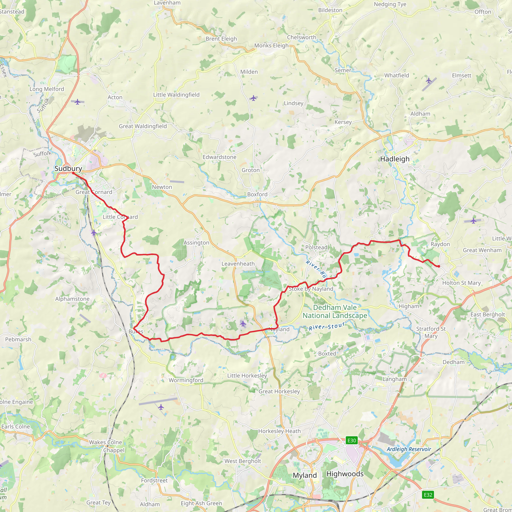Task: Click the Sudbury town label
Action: coord(68,168)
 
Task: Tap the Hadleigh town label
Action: coord(394,159)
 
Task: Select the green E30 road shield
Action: coord(352,440)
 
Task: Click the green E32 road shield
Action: coord(428,495)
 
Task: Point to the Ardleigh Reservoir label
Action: coord(409,449)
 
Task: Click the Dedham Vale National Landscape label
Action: coord(335,311)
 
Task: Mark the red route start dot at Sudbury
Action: coord(73,173)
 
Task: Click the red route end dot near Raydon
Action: coord(439,266)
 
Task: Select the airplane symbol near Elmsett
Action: coord(429,80)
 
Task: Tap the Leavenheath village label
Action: coord(238,264)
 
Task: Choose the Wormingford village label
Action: coord(186,380)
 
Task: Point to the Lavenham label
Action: coord(167,3)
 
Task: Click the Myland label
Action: coord(305,475)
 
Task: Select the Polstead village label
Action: coord(316,247)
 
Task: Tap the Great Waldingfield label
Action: coord(142,126)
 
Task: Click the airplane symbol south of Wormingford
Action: coord(161,407)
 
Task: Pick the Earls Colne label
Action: coord(16,426)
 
